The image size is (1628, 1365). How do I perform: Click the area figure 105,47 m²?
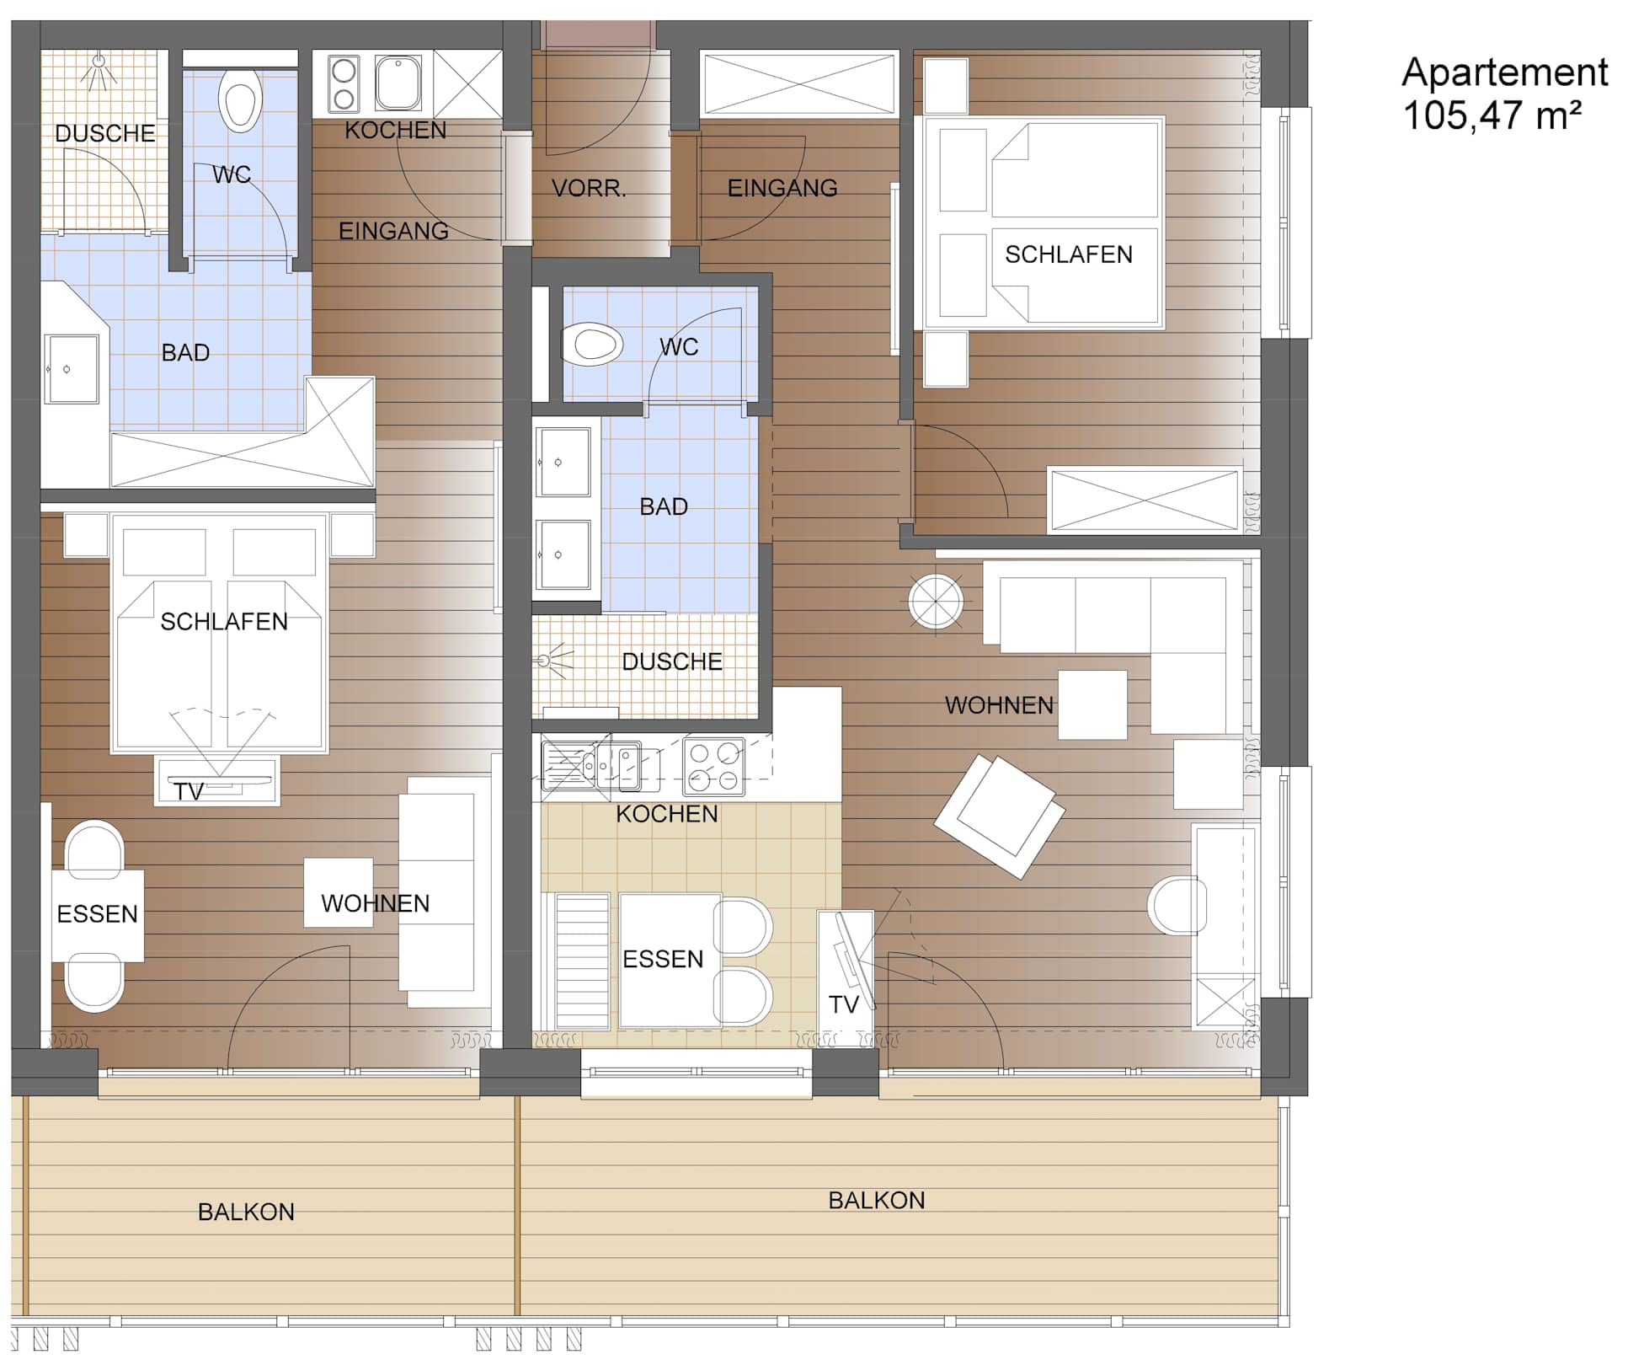coord(1492,115)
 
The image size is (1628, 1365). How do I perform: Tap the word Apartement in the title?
coord(1505,72)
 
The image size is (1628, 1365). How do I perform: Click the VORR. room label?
coord(589,188)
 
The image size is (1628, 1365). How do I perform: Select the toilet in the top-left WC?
coord(240,99)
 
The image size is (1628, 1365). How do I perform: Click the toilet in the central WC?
coord(593,344)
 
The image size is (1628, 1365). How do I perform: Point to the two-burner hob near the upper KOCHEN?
coord(343,83)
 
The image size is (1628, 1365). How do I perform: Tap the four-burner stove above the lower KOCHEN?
coord(713,767)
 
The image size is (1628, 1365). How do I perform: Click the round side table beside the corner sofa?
coord(936,602)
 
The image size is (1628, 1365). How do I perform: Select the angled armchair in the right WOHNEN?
coord(999,815)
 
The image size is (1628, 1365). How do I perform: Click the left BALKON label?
coord(246,1212)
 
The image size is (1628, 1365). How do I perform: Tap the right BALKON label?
coord(876,1200)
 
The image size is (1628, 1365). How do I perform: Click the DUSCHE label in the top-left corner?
coord(105,133)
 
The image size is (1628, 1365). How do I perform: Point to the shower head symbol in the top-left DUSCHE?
coord(99,71)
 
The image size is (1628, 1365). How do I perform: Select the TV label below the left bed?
coord(189,792)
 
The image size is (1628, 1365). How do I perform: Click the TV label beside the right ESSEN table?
coord(843,1004)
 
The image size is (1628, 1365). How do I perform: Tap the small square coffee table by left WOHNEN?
coord(339,892)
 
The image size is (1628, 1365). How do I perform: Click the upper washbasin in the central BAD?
coord(564,462)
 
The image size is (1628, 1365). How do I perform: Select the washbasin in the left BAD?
coord(72,368)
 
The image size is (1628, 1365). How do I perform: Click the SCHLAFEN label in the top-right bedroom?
coord(1069,254)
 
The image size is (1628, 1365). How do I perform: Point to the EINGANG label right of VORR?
coord(782,188)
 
